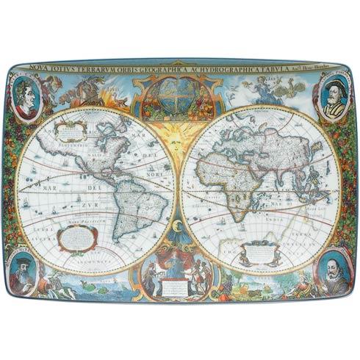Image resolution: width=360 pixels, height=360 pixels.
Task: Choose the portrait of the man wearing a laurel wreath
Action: click(26, 98)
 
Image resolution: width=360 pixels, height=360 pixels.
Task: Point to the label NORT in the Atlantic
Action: click(155, 175)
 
